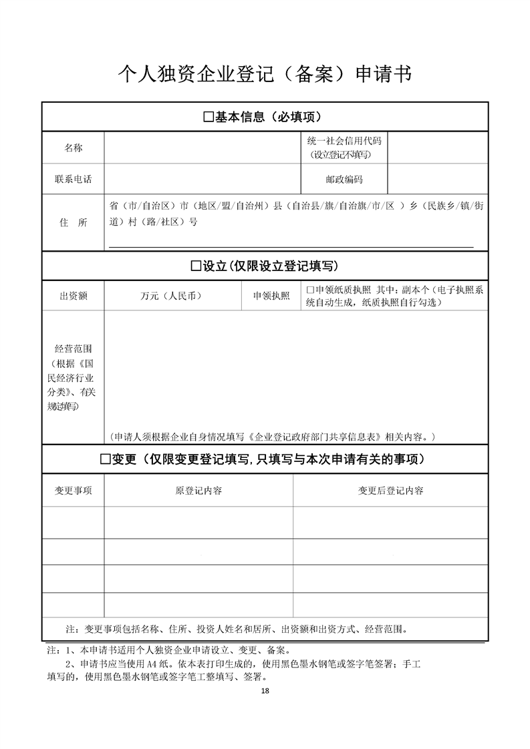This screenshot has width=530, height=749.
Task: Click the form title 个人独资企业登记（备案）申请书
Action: pos(265,73)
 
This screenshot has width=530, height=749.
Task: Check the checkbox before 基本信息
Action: pos(207,117)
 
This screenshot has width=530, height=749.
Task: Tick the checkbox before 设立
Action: pos(196,266)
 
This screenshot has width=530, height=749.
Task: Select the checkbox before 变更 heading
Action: pos(105,459)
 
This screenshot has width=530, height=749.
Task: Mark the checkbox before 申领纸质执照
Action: pos(309,290)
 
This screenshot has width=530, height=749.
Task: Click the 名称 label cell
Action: pos(74,148)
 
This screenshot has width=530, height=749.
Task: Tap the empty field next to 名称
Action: pos(201,148)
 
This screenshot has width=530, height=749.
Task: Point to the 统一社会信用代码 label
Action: pos(344,141)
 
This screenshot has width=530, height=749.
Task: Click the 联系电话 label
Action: pos(74,180)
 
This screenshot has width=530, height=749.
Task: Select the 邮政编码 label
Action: pos(344,180)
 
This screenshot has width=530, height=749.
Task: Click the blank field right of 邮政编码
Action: pos(438,180)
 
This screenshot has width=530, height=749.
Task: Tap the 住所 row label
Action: pos(74,223)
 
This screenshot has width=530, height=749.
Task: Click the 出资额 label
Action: pos(74,296)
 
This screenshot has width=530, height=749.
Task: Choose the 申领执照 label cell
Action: pos(271,296)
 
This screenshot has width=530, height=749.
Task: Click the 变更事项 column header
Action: pos(74,491)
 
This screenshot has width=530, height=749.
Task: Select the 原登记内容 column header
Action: pos(198,491)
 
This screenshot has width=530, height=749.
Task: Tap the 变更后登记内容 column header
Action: pos(390,491)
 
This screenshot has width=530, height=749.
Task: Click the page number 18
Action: pos(265,690)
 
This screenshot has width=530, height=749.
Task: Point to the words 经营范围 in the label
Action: pos(74,348)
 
